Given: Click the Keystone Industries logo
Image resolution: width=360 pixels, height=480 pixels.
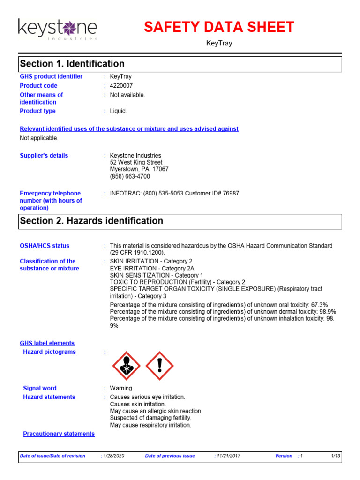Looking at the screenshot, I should pyautogui.click(x=58, y=29).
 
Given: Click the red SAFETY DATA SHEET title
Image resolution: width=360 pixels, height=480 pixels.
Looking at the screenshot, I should pyautogui.click(x=219, y=27).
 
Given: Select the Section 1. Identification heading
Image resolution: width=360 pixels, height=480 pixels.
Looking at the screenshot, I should pyautogui.click(x=72, y=64).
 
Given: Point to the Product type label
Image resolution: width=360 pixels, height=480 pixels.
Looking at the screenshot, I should pyautogui.click(x=37, y=111).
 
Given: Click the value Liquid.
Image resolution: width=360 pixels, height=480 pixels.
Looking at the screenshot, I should pyautogui.click(x=119, y=111).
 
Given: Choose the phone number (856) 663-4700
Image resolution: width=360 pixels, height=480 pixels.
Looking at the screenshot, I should pyautogui.click(x=130, y=177).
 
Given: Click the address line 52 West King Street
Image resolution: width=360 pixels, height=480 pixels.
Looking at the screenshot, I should pyautogui.click(x=136, y=163).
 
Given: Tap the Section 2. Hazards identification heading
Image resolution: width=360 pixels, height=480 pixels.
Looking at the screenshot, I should pyautogui.click(x=91, y=221).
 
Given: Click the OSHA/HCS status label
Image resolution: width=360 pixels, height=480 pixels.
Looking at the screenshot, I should pyautogui.click(x=45, y=246).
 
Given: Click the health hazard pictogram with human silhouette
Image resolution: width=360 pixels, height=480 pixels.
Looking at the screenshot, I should pyautogui.click(x=126, y=366).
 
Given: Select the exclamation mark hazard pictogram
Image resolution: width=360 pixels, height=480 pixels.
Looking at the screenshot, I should pyautogui.click(x=160, y=366).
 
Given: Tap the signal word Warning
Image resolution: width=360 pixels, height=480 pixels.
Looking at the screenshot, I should pyautogui.click(x=121, y=388).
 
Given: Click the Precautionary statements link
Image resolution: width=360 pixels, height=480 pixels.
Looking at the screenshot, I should pyautogui.click(x=59, y=434).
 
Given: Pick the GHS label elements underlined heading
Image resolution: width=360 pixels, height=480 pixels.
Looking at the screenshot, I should pyautogui.click(x=47, y=343).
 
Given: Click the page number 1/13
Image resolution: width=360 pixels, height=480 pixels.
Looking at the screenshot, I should pyautogui.click(x=335, y=456).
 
